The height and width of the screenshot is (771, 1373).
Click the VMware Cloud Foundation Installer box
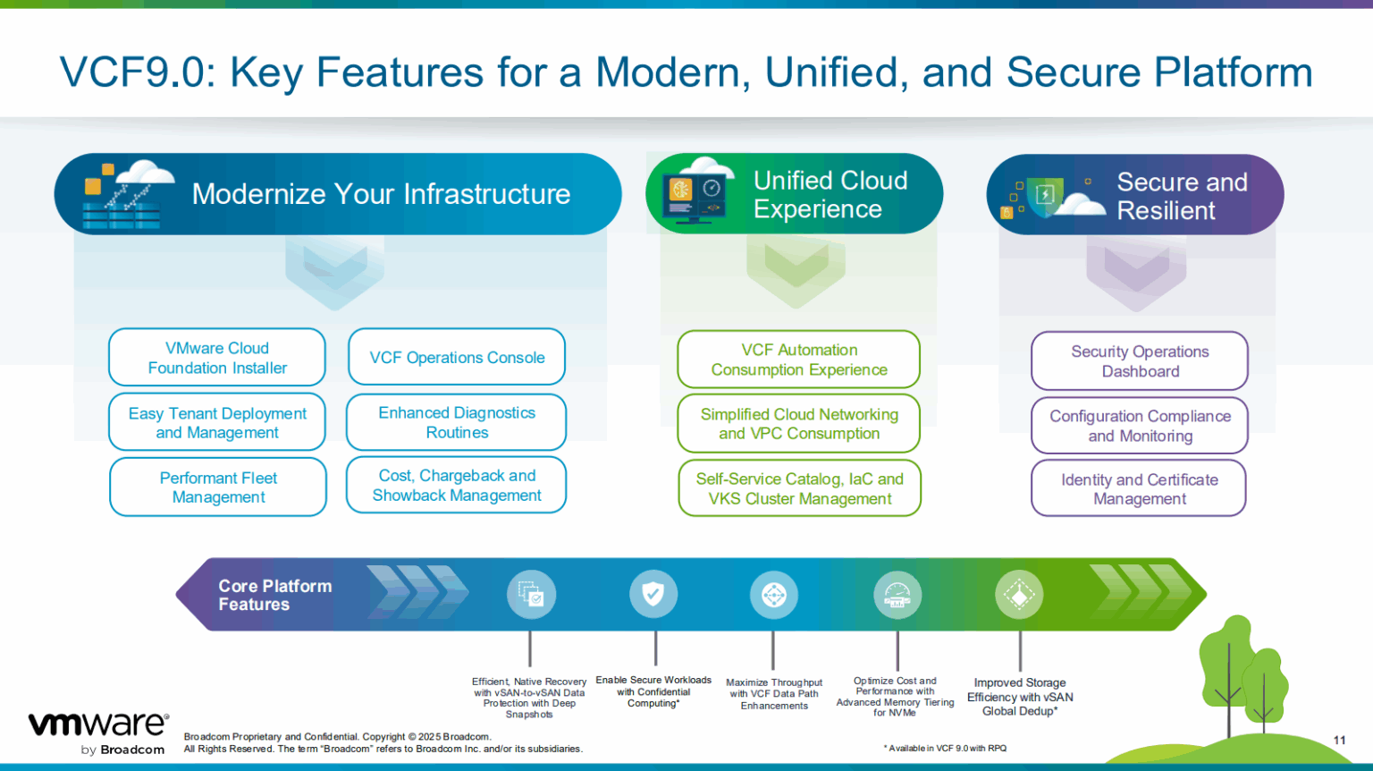[x=217, y=358]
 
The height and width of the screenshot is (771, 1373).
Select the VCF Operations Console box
[x=457, y=358]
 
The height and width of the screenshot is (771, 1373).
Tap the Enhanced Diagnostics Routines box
[x=457, y=422]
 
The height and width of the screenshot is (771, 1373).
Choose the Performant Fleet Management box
[x=218, y=487]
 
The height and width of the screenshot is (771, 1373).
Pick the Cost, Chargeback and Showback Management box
[x=457, y=486]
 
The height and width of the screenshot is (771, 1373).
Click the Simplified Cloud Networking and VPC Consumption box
[x=799, y=424]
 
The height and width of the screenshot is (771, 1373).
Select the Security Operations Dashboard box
[x=1140, y=361]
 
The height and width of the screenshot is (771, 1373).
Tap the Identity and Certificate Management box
[x=1139, y=489]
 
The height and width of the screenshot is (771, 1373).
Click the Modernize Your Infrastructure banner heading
[x=381, y=194]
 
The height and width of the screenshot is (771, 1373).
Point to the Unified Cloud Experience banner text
[x=830, y=194]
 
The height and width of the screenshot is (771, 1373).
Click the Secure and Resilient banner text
[x=1181, y=196]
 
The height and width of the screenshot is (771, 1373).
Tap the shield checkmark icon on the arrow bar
[x=653, y=594]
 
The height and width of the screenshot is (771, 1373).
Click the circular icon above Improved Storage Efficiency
[x=1019, y=594]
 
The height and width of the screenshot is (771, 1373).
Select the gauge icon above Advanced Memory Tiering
[x=897, y=594]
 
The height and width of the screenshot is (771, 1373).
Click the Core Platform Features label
[x=274, y=595]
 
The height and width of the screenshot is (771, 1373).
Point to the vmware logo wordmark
[x=98, y=724]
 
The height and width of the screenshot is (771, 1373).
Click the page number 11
[x=1339, y=740]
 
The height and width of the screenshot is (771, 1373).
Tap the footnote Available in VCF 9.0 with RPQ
[x=945, y=749]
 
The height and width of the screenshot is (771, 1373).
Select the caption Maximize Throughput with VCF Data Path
[x=774, y=694]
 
